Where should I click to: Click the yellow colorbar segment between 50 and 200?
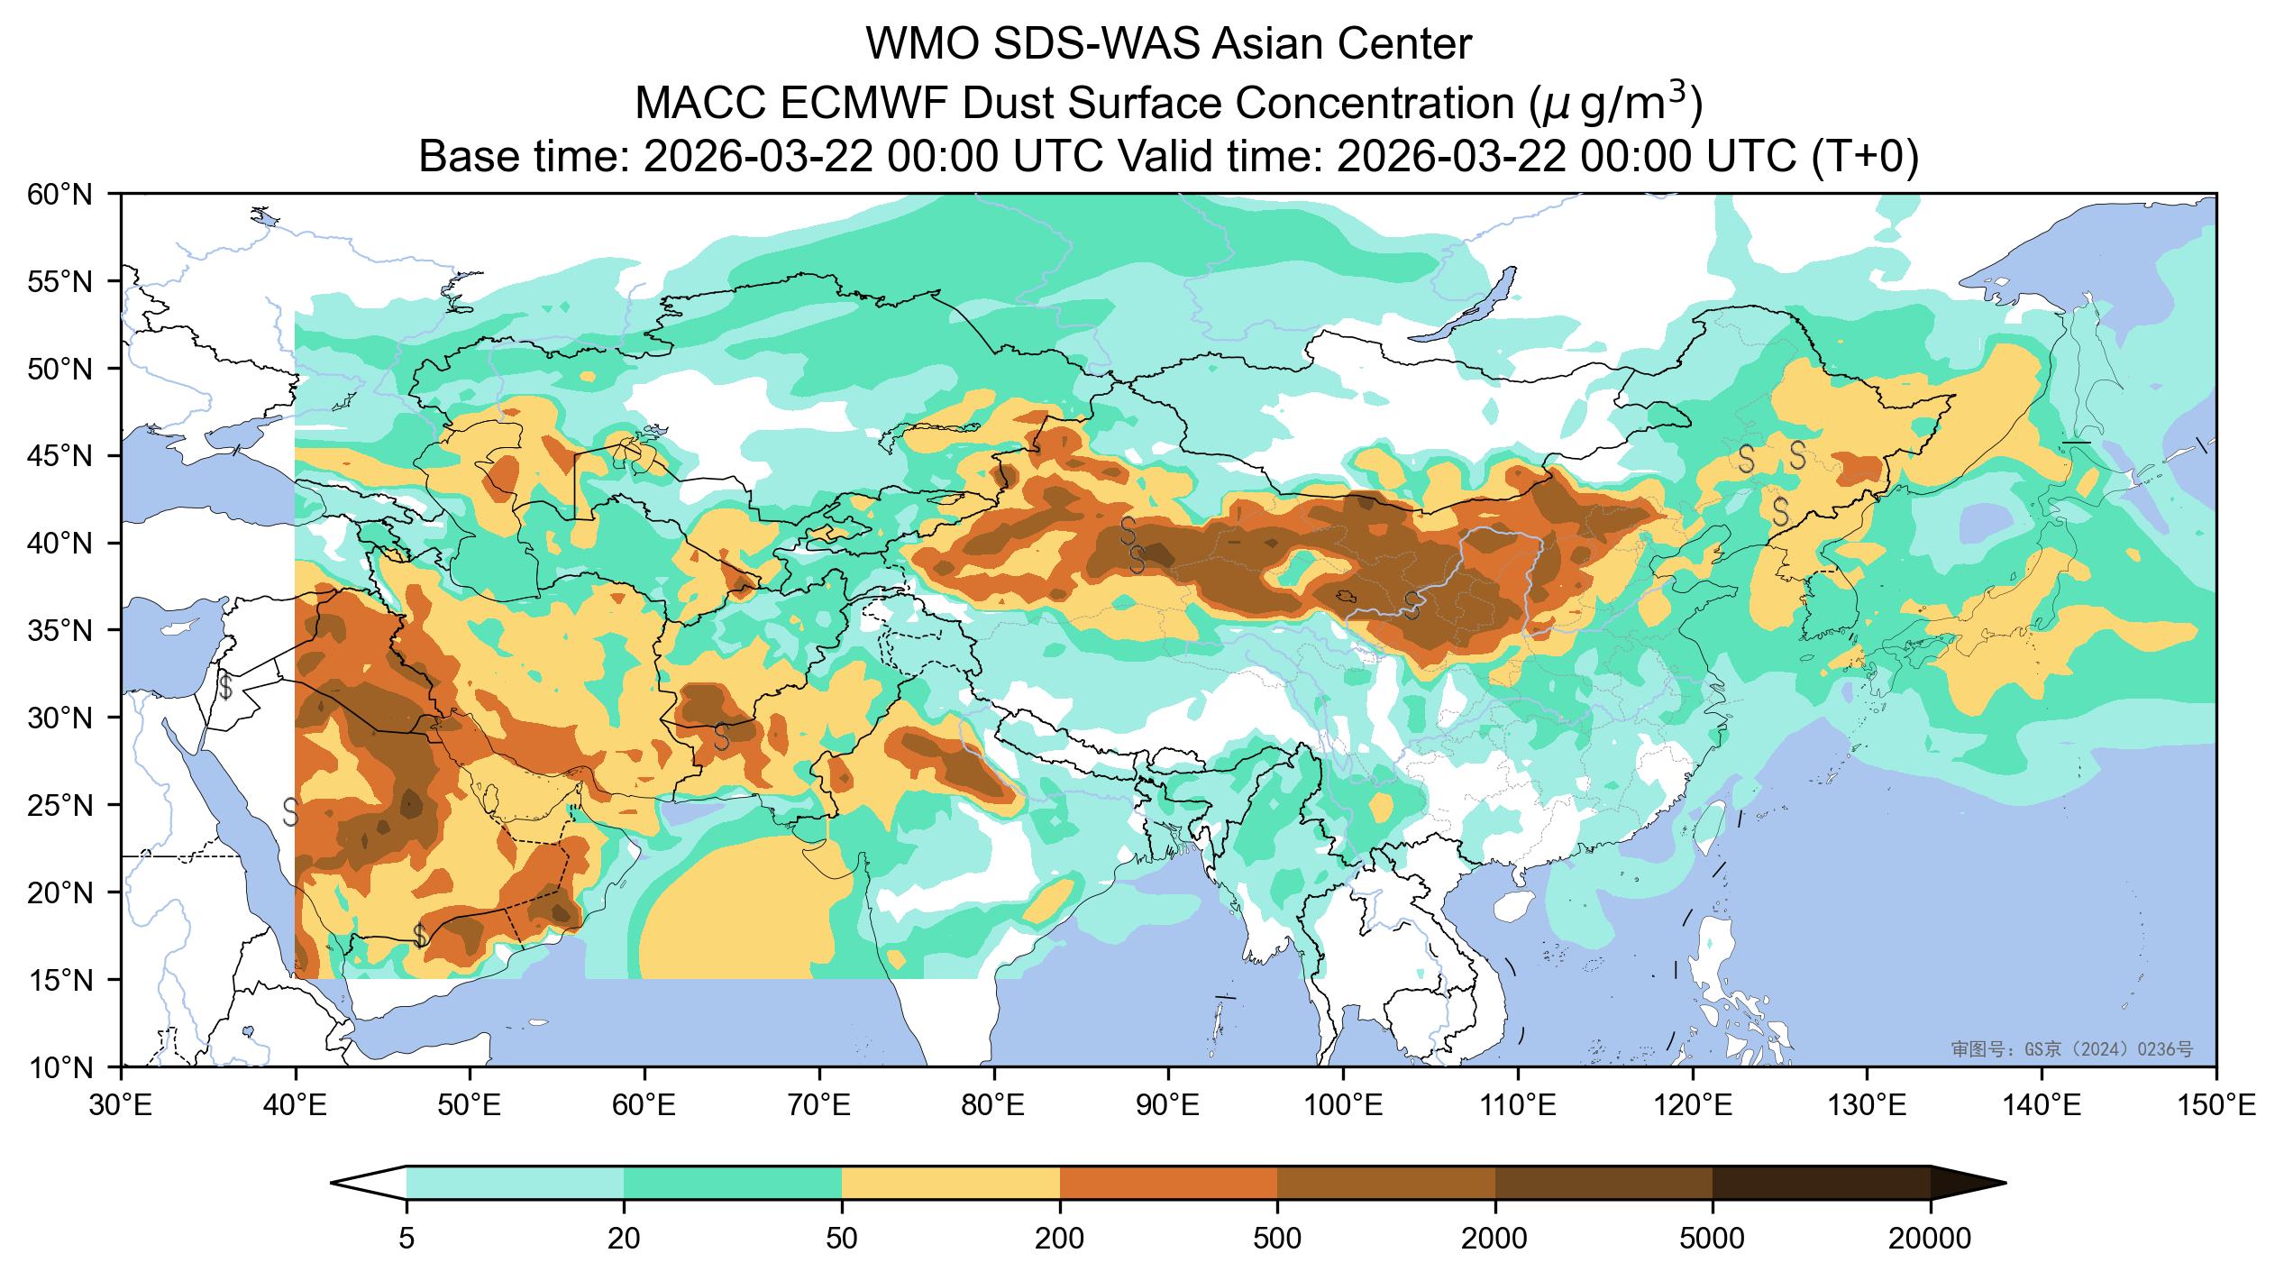point(951,1183)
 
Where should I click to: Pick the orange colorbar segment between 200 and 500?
point(1168,1183)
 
